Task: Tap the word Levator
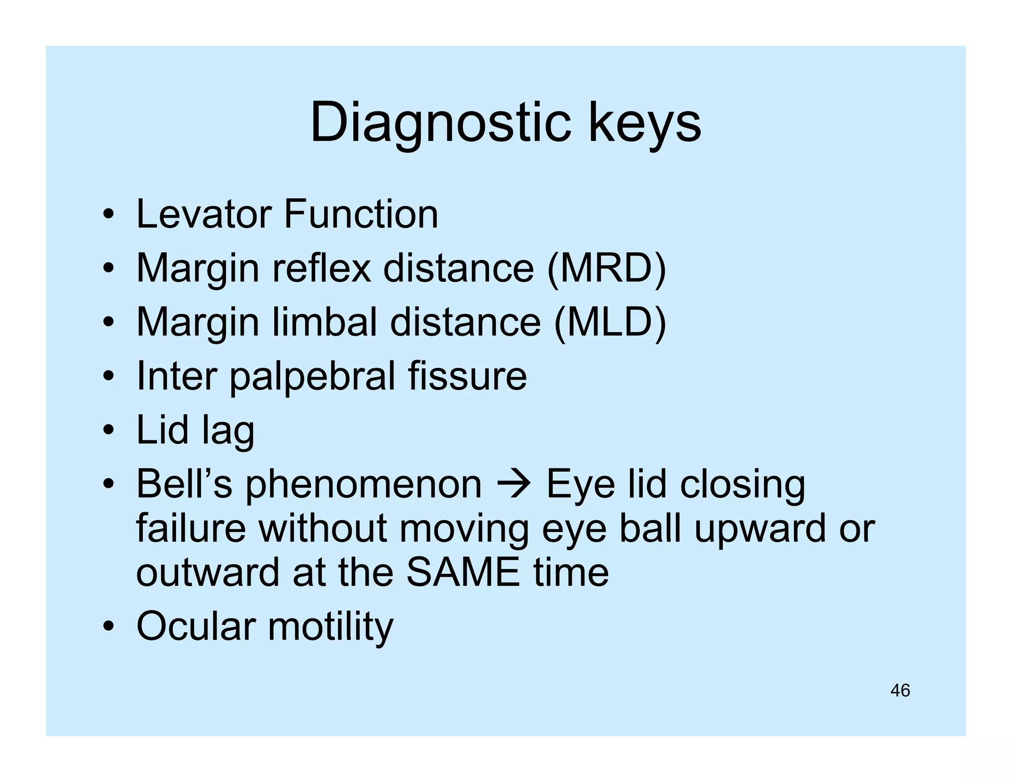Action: point(203,214)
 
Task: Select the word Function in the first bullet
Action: point(361,214)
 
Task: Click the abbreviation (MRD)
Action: point(607,268)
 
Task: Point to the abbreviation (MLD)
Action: point(610,322)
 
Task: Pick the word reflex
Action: point(321,268)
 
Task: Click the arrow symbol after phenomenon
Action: point(514,484)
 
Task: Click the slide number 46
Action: point(900,691)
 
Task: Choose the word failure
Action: point(191,528)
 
